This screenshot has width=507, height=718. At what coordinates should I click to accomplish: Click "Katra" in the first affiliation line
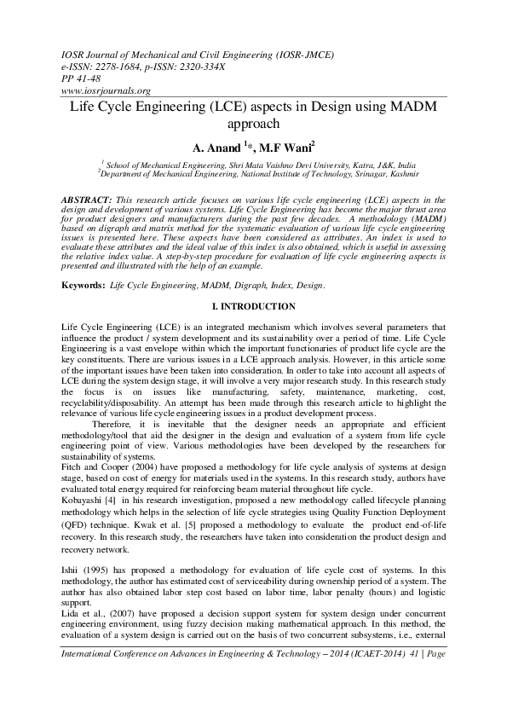point(350,163)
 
